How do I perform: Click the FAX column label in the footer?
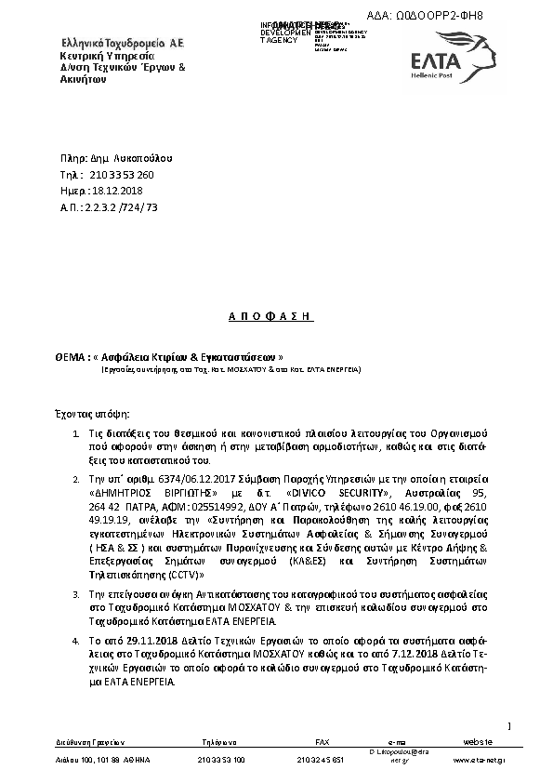[x=323, y=740]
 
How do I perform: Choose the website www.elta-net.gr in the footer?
[x=479, y=760]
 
